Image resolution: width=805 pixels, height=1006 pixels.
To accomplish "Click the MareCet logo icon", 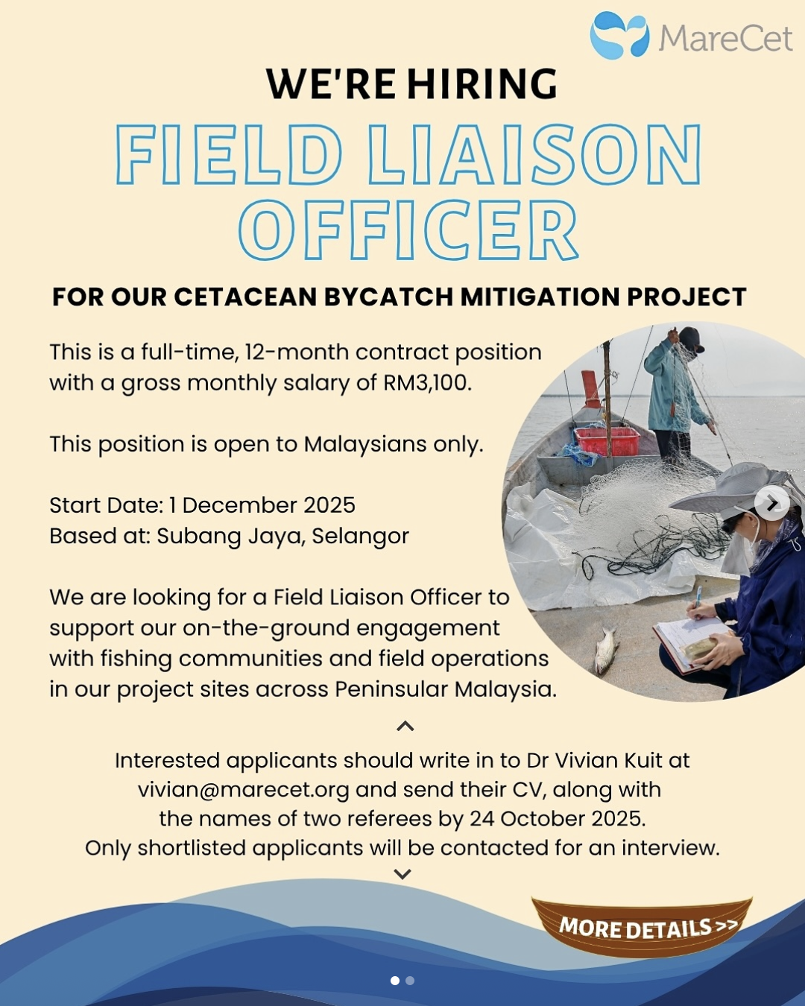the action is point(619,35).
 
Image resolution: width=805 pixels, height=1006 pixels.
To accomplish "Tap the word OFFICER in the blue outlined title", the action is point(408,230).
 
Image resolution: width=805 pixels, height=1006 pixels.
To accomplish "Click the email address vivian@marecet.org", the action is point(244,790).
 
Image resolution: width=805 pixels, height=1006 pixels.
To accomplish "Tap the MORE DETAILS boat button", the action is point(642,926).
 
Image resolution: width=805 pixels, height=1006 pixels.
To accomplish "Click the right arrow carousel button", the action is point(772,503).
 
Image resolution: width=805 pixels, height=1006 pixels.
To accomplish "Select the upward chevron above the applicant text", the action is point(405,726).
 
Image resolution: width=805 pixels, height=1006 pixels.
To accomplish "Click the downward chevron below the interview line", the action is point(402,873).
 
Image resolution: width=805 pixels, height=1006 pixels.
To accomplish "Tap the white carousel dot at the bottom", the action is point(395,981).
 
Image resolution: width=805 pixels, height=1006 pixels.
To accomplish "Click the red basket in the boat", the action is point(607,440).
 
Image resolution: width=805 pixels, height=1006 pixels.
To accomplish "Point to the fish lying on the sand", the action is point(607,650).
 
